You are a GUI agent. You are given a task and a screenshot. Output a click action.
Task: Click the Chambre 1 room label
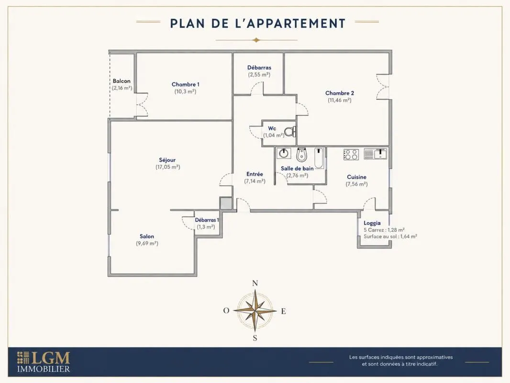[186, 84]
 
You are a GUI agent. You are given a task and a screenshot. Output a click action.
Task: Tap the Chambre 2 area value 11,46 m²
[339, 100]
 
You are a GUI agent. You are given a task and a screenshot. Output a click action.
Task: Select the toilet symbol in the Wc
[290, 131]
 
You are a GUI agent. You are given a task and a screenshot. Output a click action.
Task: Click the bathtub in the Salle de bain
[319, 158]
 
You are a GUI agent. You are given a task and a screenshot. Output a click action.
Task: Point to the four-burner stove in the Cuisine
[351, 154]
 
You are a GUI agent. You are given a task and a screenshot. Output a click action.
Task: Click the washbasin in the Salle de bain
[284, 153]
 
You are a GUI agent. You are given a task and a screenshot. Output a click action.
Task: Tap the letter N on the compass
[255, 283]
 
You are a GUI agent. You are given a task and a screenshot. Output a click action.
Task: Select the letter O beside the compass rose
[226, 310]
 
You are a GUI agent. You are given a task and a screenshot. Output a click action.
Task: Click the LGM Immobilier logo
[44, 361]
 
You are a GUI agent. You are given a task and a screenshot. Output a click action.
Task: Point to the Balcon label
[122, 81]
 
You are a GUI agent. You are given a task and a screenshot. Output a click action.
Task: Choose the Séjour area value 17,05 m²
[168, 167]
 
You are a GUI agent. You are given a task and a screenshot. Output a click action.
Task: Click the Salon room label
[147, 236]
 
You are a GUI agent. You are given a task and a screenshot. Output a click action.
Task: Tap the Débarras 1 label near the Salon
[207, 220]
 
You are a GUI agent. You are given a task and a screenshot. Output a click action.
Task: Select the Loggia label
[372, 223]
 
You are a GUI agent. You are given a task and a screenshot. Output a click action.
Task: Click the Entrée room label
[255, 174]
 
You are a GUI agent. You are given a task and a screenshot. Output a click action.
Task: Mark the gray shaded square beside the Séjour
[225, 203]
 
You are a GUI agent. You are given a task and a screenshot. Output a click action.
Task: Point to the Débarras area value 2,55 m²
[259, 75]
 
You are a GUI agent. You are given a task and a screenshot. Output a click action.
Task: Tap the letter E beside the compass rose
[283, 311]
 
